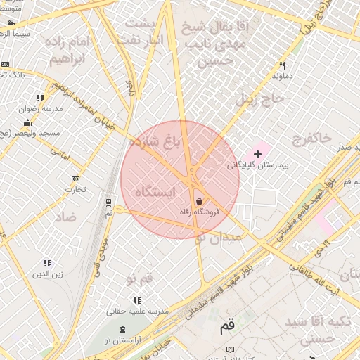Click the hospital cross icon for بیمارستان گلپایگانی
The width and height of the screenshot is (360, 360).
257,153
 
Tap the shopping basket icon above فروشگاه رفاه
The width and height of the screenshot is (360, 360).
200,200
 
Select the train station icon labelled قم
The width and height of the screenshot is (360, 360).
108,202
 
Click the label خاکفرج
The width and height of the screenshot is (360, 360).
309,138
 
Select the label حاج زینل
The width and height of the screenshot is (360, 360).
257,99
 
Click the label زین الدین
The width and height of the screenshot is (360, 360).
47,274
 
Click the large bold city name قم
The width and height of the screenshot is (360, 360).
227,326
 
